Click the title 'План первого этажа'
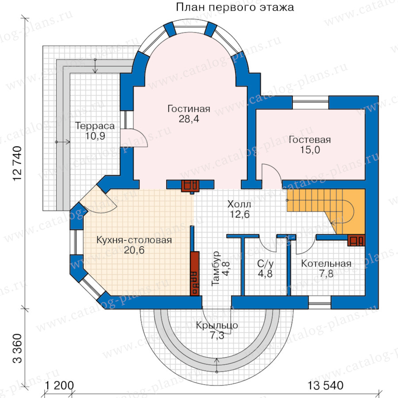(235, 8)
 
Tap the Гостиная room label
(189, 109)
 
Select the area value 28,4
(189, 119)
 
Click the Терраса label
(95, 126)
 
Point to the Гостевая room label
(310, 140)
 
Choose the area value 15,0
(310, 150)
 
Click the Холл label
(239, 204)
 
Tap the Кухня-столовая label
(134, 240)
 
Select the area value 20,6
(134, 250)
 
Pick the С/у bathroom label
(265, 264)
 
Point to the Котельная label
(326, 264)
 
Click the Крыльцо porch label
(217, 325)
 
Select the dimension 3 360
(18, 348)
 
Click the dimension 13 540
(325, 386)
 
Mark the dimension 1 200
(59, 386)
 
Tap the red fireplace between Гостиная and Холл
(190, 186)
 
